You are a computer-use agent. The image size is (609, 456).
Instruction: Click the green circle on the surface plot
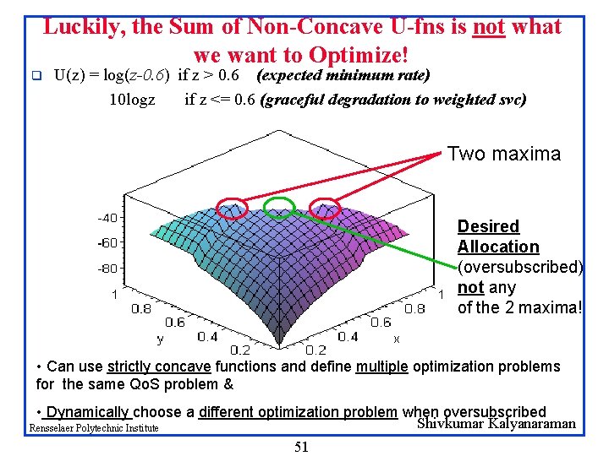pos(264,208)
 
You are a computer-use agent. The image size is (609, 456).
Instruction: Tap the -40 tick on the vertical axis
pos(107,218)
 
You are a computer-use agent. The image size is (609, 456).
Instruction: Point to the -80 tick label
pos(107,269)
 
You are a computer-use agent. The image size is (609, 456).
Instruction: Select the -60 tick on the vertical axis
pos(107,243)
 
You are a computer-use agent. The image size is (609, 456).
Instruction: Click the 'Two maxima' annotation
pos(504,154)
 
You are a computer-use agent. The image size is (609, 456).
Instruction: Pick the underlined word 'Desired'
pos(488,226)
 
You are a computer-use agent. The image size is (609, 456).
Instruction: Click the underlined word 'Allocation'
pos(498,247)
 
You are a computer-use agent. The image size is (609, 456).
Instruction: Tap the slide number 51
pos(302,447)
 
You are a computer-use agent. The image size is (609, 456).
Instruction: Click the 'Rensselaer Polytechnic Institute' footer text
pos(94,427)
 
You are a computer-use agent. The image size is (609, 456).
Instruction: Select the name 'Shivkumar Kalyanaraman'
pos(497,423)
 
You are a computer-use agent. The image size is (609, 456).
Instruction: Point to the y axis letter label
pos(160,339)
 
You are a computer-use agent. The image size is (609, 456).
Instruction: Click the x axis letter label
pos(396,339)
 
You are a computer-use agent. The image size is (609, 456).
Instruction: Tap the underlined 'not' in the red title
pos(489,27)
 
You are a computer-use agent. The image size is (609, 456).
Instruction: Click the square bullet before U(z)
pos(36,75)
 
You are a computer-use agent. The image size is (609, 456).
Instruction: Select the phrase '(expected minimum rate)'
pos(343,75)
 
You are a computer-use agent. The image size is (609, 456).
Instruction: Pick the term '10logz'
pos(133,100)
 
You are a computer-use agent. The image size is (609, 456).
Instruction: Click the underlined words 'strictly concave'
pos(159,366)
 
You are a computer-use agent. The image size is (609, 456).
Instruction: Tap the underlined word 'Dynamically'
pos(86,412)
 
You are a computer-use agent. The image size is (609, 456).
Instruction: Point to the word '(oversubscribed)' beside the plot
pos(520,267)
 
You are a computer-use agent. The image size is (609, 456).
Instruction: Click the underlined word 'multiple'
pos(381,366)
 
